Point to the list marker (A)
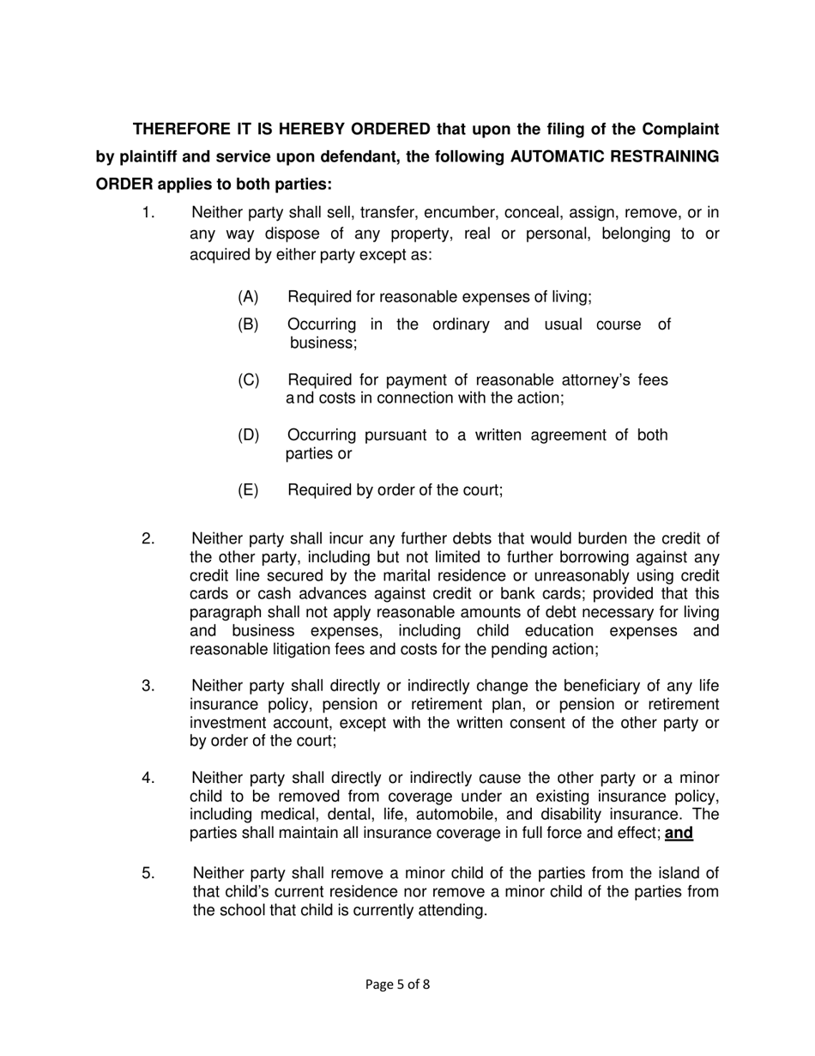click(248, 297)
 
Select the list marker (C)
click(248, 380)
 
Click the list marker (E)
click(248, 490)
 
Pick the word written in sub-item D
click(496, 435)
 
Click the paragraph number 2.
click(148, 539)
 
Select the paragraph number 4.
click(148, 778)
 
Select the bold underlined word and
click(679, 833)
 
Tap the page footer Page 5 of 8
click(397, 985)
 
